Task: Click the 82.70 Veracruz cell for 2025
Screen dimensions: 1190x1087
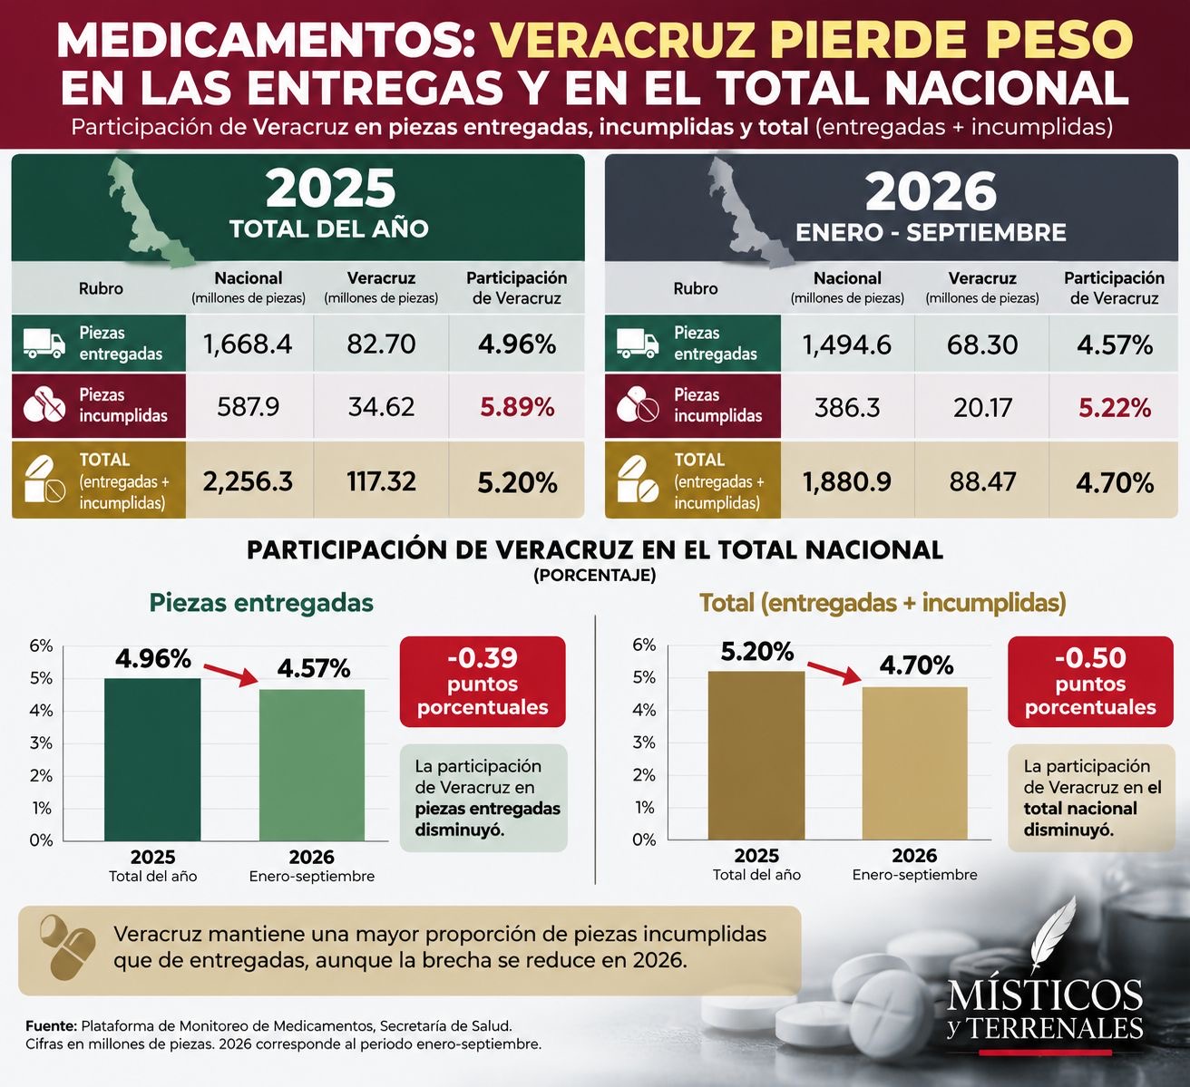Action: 381,344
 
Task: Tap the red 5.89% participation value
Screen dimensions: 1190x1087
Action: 517,407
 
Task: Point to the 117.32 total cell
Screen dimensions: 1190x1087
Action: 381,480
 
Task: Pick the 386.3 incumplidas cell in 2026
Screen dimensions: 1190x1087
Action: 846,407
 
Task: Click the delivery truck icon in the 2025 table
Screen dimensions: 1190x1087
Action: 44,344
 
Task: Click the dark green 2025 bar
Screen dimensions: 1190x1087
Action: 152,759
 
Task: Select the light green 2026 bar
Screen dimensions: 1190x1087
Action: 312,764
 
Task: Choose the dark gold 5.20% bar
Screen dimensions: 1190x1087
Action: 756,755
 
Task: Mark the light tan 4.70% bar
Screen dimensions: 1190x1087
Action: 915,763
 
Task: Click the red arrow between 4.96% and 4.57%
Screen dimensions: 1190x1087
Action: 230,675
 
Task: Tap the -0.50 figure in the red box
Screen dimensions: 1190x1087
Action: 1090,657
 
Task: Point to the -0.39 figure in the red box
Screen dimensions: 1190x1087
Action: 483,657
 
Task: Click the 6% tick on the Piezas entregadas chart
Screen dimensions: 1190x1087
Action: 41,645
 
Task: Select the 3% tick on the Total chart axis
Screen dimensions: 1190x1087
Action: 644,742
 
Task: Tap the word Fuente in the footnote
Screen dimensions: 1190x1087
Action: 51,1025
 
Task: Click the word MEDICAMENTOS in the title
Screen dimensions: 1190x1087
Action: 265,40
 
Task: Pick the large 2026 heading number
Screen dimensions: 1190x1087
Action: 931,191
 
